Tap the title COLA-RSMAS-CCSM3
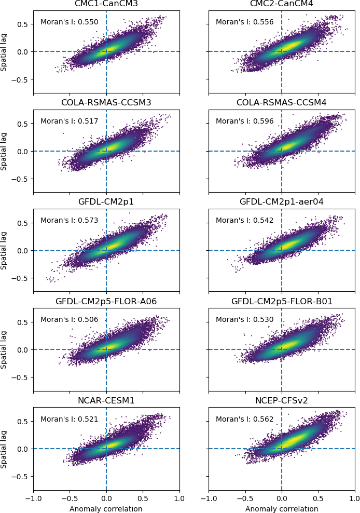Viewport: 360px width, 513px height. click(x=106, y=102)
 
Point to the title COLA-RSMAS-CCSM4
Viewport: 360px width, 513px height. click(x=282, y=102)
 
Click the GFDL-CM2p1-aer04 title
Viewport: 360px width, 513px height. click(x=282, y=201)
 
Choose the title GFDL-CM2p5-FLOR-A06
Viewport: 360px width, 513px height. click(x=106, y=301)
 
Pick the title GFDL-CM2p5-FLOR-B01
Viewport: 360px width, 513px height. click(x=282, y=301)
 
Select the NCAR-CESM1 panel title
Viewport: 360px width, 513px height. click(x=106, y=400)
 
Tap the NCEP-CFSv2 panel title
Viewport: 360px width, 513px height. click(x=282, y=400)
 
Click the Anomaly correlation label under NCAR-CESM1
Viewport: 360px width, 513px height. click(x=106, y=509)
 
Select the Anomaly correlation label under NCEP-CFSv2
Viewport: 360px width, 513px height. click(x=282, y=509)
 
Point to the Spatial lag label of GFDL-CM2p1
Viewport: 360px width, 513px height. click(x=4, y=250)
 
